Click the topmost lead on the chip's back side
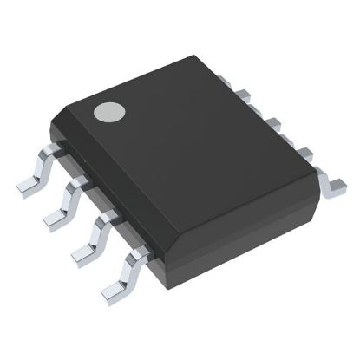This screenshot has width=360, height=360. [224, 81]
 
